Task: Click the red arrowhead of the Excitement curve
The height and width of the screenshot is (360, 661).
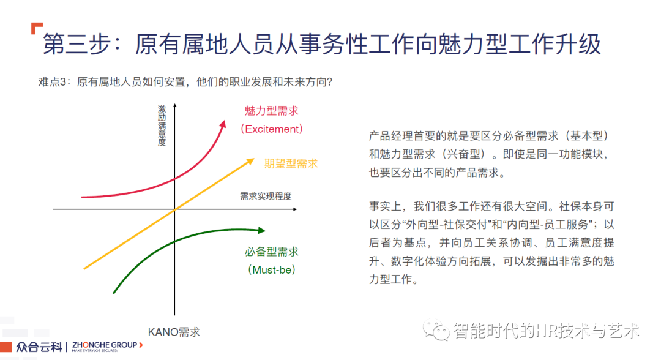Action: pos(223,124)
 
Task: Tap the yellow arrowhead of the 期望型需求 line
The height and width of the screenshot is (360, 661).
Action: pos(250,161)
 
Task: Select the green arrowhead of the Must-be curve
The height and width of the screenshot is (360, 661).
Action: pos(261,230)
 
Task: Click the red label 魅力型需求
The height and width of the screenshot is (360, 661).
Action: pos(272,111)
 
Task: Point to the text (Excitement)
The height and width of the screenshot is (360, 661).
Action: pos(272,129)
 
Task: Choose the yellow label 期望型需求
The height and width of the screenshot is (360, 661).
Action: pos(291,163)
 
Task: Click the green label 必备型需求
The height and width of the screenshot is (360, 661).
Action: pos(272,252)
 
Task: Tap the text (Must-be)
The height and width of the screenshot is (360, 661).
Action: pos(272,270)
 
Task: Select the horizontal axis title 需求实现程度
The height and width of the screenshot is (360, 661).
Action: pos(266,196)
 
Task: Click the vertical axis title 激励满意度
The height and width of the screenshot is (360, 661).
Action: pos(162,126)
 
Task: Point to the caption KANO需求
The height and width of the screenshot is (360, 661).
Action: pos(174,332)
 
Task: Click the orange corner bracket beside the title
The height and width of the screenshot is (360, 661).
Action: pos(36,28)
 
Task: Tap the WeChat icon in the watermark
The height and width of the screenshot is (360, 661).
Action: pos(436,330)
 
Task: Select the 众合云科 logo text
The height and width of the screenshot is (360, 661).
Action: pos(39,347)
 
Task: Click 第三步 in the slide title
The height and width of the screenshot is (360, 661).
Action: pos(77,44)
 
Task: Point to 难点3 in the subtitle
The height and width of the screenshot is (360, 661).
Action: pos(52,82)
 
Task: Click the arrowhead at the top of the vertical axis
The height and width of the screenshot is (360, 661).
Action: pos(174,106)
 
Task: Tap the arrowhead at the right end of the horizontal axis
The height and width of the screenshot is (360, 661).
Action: pos(294,209)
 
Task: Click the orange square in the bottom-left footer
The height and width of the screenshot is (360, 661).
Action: pos(6,347)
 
